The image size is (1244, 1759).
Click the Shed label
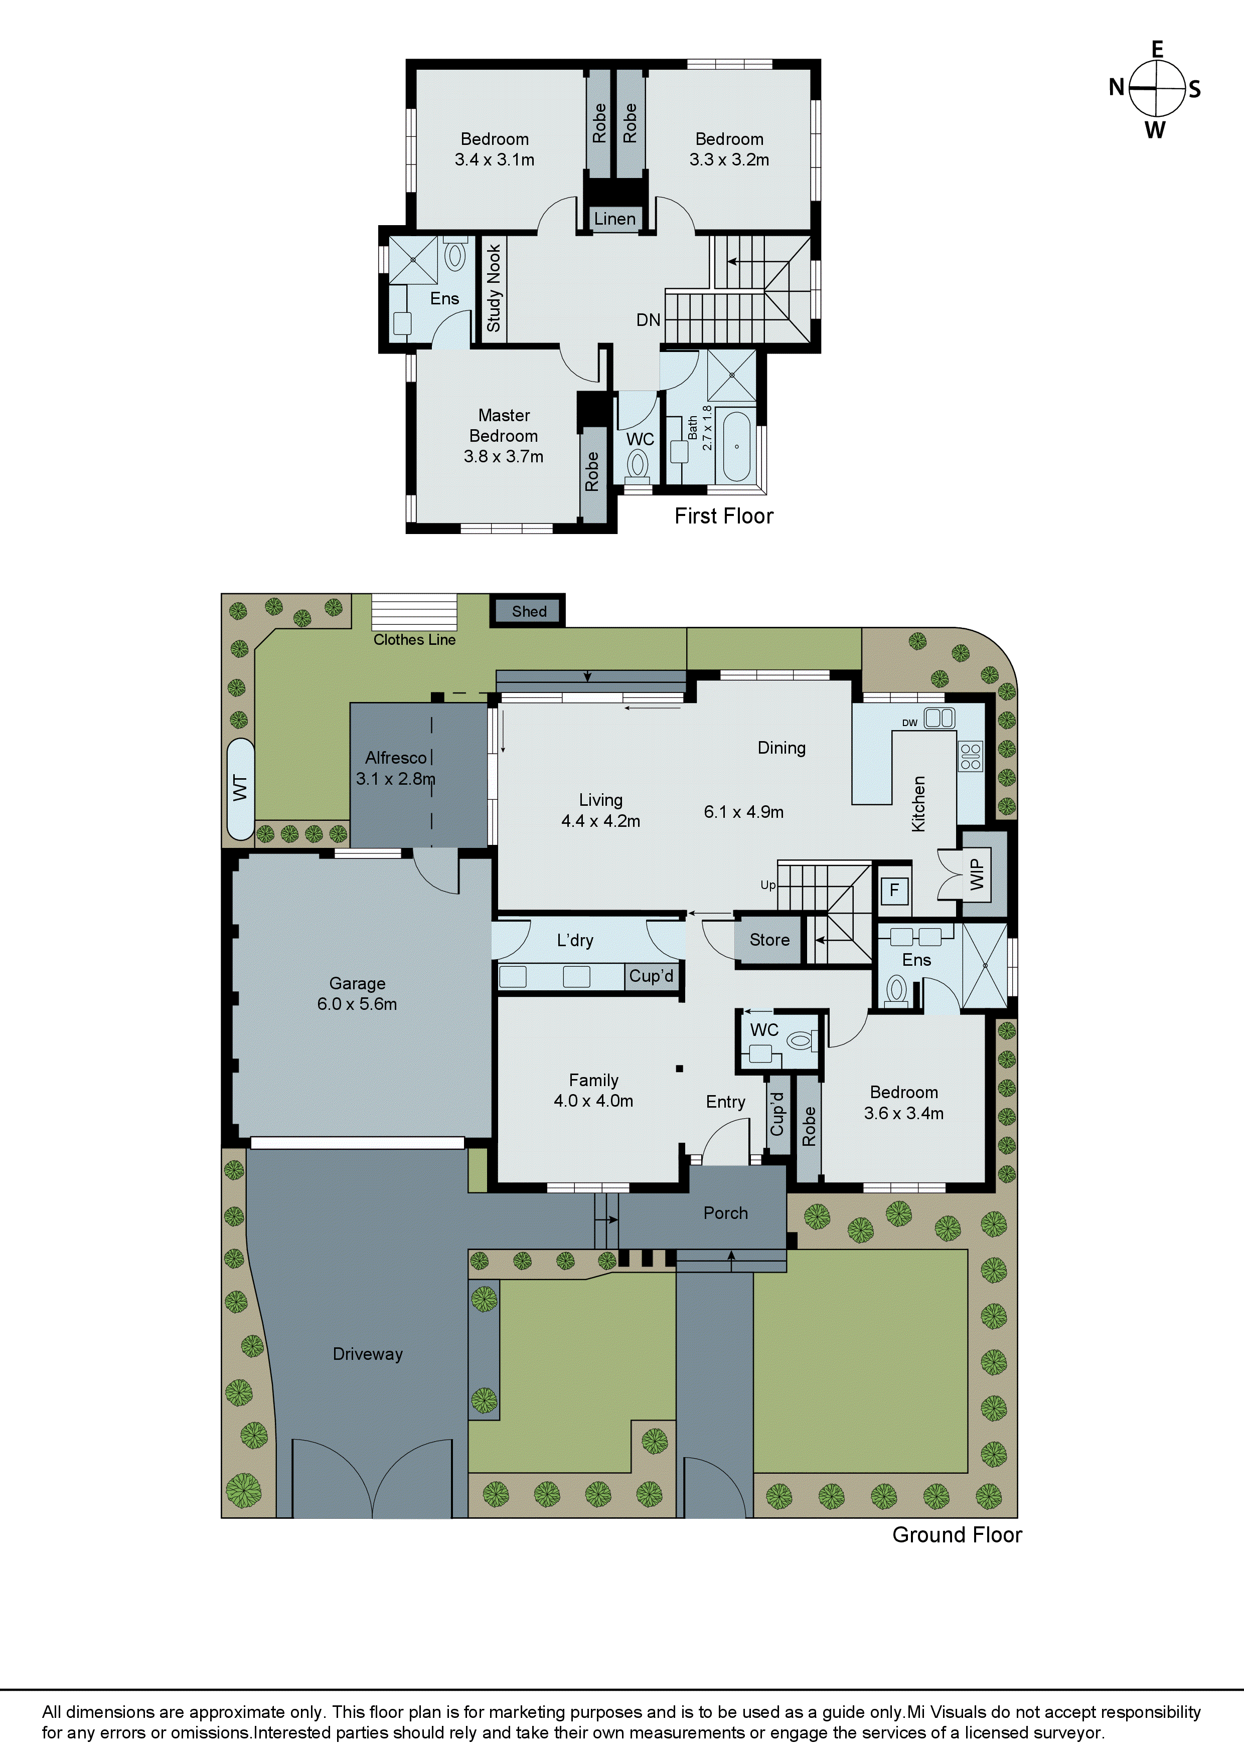click(529, 611)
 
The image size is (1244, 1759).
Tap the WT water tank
click(241, 788)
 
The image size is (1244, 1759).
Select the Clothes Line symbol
click(414, 612)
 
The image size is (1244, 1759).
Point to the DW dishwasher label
click(910, 723)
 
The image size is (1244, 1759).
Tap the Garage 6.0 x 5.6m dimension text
click(357, 1004)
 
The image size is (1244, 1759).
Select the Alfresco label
click(395, 758)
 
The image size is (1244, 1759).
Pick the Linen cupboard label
click(614, 219)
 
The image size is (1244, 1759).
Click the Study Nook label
click(494, 288)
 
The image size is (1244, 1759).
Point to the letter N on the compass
click(1117, 87)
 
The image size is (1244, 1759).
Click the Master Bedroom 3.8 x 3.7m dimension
click(504, 457)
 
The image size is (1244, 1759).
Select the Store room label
click(769, 940)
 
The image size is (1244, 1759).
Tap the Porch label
click(725, 1213)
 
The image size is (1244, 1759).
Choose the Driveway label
click(368, 1354)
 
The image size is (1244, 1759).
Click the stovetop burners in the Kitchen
click(970, 756)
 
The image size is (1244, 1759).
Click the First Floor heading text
click(723, 516)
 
